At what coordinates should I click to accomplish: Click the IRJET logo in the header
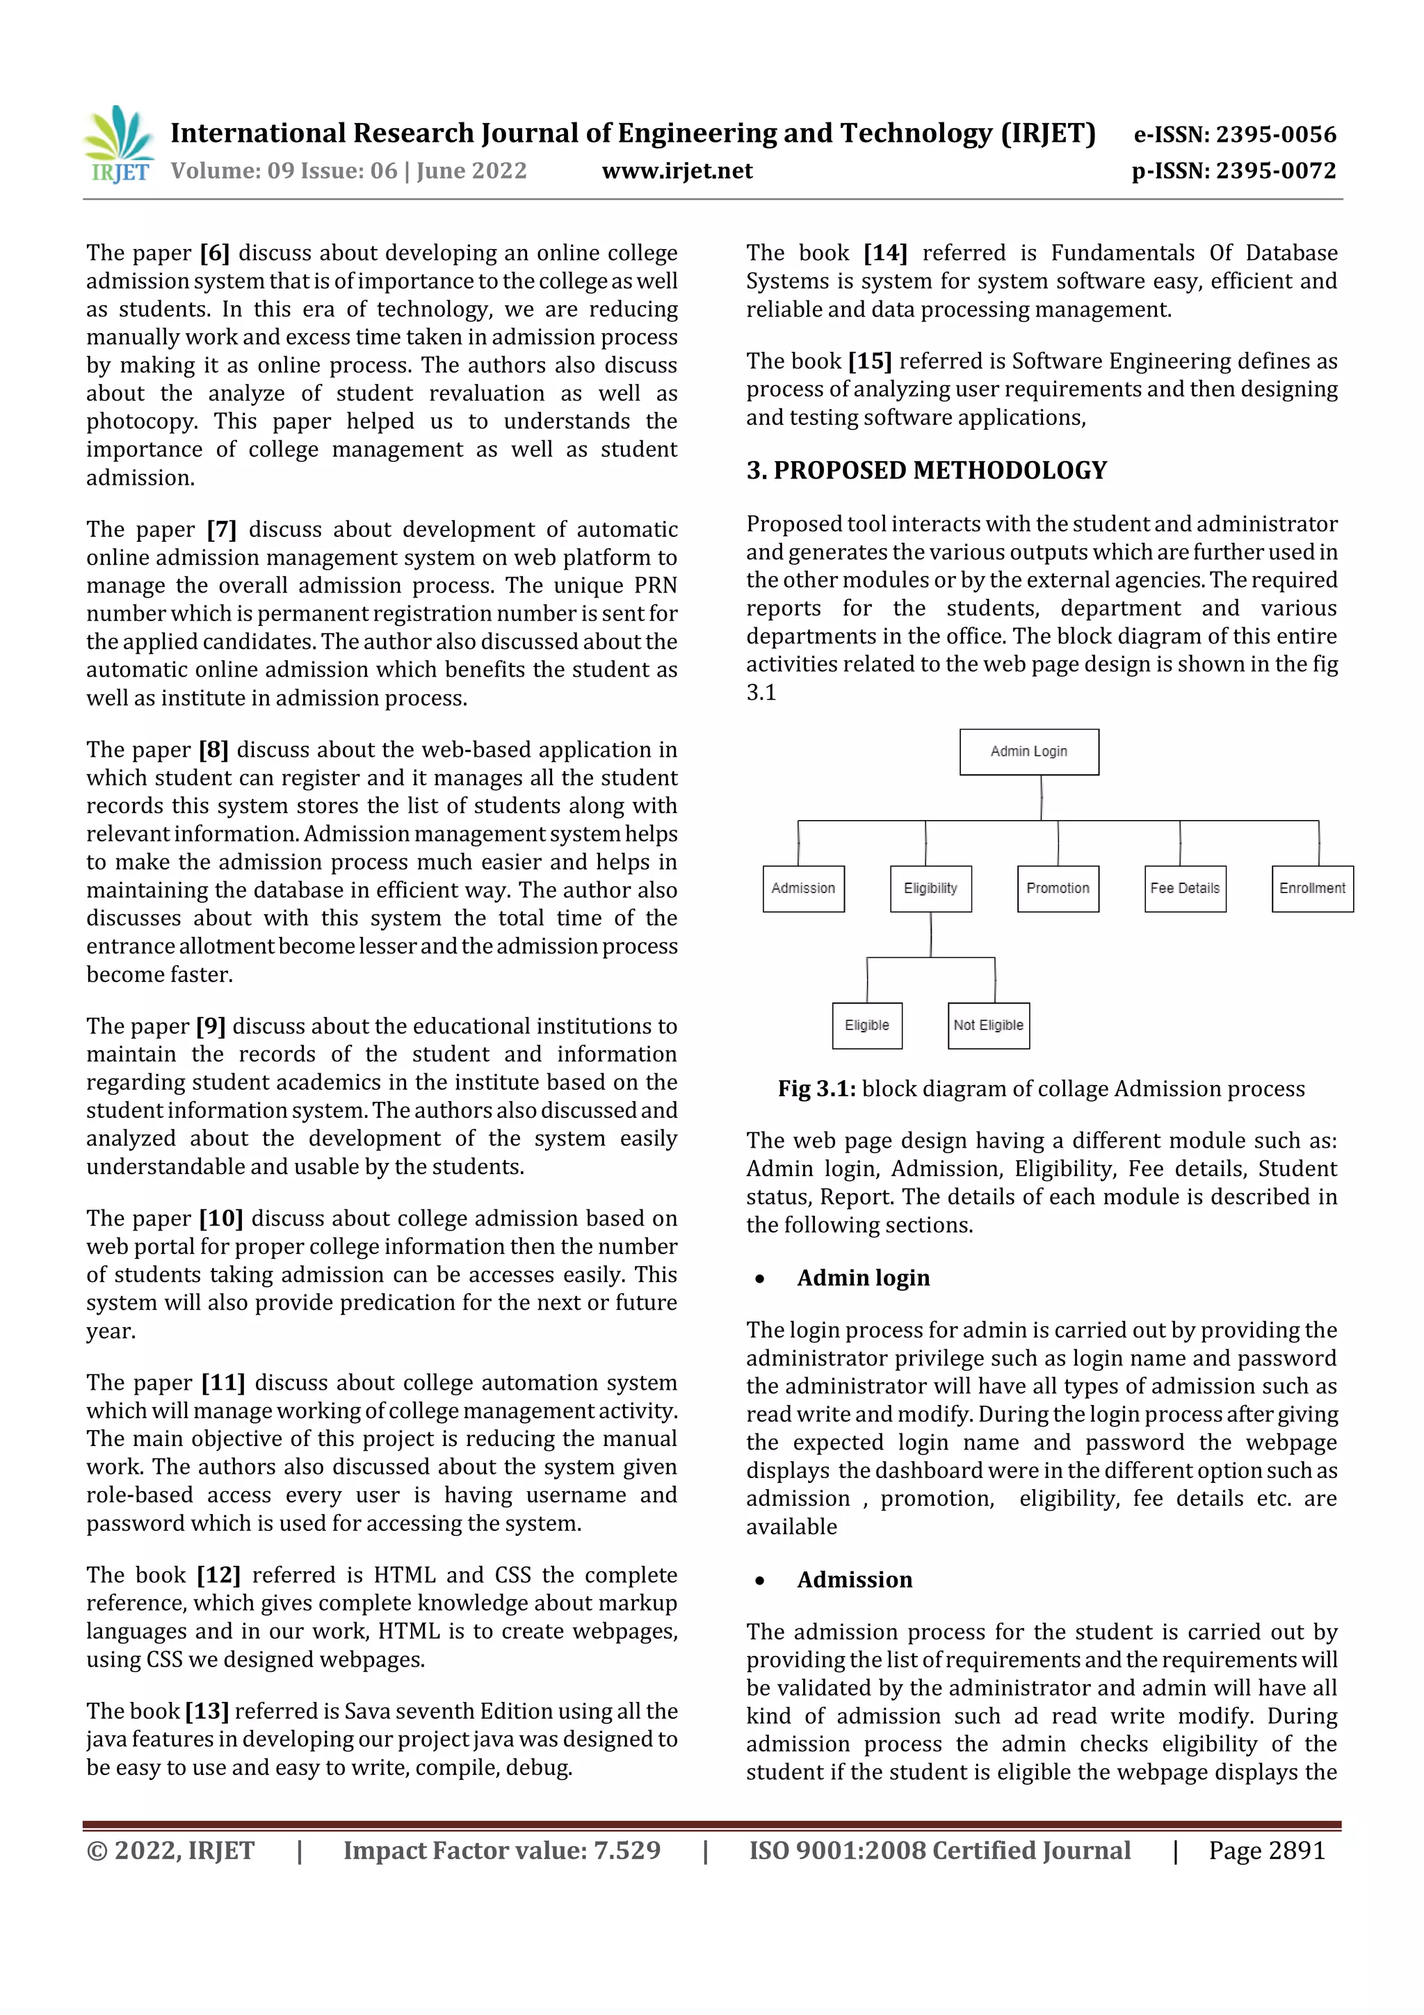118,144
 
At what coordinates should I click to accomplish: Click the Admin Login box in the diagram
1028,751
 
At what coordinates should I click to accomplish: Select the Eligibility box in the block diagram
930,888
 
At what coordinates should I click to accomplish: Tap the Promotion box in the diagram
1058,888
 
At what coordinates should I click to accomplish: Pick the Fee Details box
1185,888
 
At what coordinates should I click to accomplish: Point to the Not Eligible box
988,1025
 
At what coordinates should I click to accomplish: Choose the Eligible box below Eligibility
867,1025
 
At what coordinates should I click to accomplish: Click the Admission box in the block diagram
803,888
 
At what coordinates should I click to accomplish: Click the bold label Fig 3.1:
816,1089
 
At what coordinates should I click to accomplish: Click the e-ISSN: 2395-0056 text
1234,134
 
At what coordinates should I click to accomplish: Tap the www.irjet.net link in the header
677,170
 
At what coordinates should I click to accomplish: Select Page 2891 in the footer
1266,1850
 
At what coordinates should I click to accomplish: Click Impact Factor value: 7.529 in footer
502,1850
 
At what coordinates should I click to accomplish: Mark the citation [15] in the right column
868,361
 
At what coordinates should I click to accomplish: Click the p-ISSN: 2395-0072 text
1233,170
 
